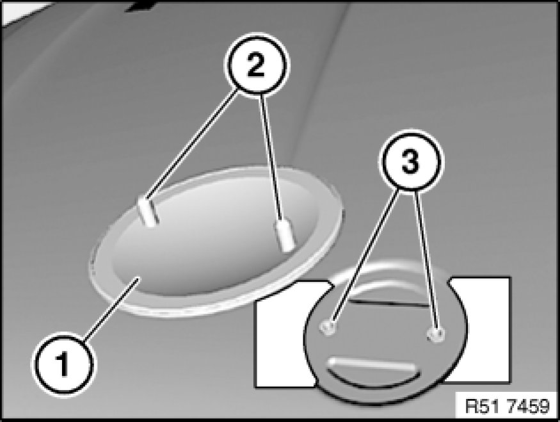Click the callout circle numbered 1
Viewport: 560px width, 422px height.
tap(63, 364)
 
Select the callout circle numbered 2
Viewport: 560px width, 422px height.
tap(257, 65)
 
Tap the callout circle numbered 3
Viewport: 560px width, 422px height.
tap(411, 162)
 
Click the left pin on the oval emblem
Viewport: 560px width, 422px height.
tap(148, 211)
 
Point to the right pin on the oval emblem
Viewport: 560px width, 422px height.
tap(285, 234)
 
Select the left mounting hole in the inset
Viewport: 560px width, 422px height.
tap(328, 327)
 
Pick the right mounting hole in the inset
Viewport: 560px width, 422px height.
tap(436, 334)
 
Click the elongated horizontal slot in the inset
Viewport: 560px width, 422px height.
tap(372, 365)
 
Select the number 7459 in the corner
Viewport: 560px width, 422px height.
tap(529, 406)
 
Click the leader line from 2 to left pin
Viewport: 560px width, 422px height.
tap(193, 145)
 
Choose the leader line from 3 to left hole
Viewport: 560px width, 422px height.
tap(366, 256)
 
